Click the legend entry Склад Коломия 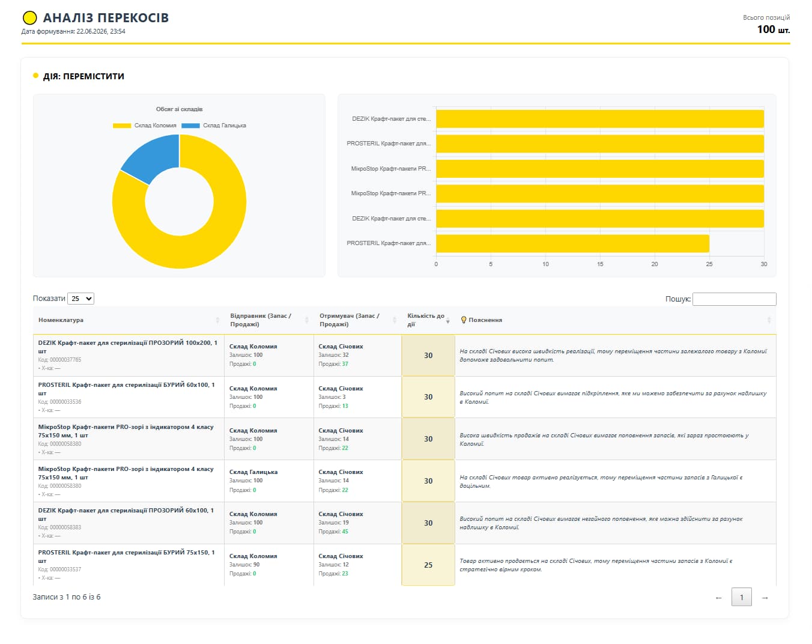pyautogui.click(x=145, y=126)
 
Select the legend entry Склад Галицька pyautogui.click(x=214, y=126)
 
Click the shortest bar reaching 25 pyautogui.click(x=572, y=243)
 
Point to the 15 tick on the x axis pyautogui.click(x=600, y=264)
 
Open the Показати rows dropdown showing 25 pyautogui.click(x=80, y=299)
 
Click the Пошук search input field pyautogui.click(x=735, y=299)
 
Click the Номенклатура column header pyautogui.click(x=61, y=320)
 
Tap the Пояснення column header pyautogui.click(x=485, y=320)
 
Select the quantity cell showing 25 pyautogui.click(x=428, y=565)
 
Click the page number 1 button pyautogui.click(x=742, y=597)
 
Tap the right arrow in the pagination pyautogui.click(x=765, y=598)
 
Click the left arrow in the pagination pyautogui.click(x=718, y=598)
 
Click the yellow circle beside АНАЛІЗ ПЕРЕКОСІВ pyautogui.click(x=30, y=18)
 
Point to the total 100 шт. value pyautogui.click(x=774, y=29)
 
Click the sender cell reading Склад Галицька pyautogui.click(x=253, y=472)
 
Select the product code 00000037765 pyautogui.click(x=65, y=360)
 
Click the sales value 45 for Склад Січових pyautogui.click(x=345, y=532)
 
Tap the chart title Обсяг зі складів pyautogui.click(x=179, y=109)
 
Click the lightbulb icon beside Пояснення pyautogui.click(x=464, y=320)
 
